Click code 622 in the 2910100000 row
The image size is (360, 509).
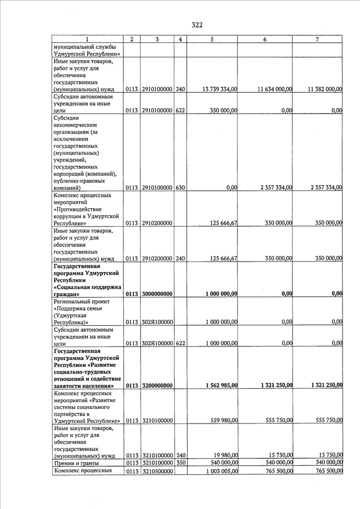(181, 111)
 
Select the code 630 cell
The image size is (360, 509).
(181, 187)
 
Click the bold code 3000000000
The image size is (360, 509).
(157, 294)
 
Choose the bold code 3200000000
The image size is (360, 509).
(157, 385)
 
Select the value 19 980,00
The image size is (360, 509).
(224, 455)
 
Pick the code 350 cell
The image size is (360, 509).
(181, 462)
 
